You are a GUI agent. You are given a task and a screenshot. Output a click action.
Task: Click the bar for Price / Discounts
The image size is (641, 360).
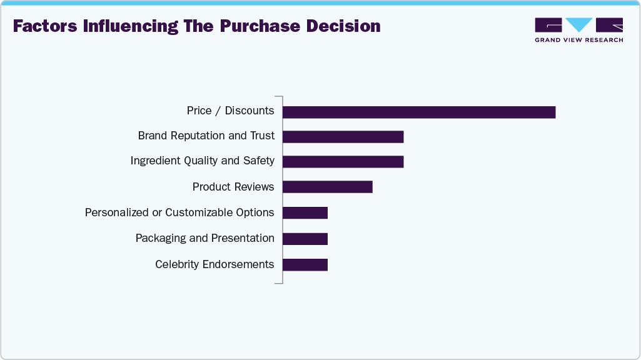tap(419, 112)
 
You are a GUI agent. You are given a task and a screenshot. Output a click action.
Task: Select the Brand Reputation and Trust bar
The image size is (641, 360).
tap(343, 136)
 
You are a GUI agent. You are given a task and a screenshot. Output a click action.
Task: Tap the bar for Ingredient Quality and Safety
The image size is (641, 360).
tap(343, 161)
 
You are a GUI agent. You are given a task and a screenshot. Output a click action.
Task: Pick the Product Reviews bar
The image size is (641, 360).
tap(327, 187)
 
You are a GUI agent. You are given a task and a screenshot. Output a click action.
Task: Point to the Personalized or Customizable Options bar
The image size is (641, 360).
tap(305, 212)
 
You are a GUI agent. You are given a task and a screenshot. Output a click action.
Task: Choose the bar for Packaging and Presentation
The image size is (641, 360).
tap(305, 238)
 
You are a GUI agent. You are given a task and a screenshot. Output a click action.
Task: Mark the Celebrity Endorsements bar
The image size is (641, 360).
tap(305, 264)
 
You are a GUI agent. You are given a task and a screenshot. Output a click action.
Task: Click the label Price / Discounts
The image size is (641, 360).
tap(230, 111)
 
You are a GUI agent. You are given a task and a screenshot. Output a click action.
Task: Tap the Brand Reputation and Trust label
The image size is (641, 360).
tap(206, 136)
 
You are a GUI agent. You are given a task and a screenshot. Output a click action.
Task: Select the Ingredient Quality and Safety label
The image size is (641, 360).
tap(202, 161)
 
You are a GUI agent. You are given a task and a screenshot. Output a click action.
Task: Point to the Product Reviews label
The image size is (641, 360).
tap(233, 187)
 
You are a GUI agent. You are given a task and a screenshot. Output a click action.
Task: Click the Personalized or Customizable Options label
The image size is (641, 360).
tap(179, 212)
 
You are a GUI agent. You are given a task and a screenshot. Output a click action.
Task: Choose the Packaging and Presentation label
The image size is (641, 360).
tap(204, 238)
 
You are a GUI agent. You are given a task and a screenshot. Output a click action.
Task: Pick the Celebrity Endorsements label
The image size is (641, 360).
tap(215, 264)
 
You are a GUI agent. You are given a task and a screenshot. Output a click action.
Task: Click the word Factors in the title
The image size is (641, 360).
tap(44, 26)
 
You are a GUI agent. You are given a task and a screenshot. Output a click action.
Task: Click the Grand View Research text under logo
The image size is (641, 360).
tap(578, 40)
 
